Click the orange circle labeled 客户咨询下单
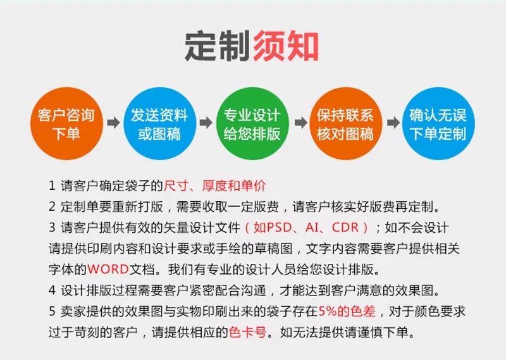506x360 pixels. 66,124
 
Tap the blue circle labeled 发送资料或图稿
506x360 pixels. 159,124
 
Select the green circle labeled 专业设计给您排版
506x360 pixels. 252,124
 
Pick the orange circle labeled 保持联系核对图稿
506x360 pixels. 345,124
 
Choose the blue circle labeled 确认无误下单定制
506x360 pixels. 438,124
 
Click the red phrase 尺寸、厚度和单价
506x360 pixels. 215,186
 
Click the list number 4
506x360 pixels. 52,290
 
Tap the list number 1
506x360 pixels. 52,186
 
